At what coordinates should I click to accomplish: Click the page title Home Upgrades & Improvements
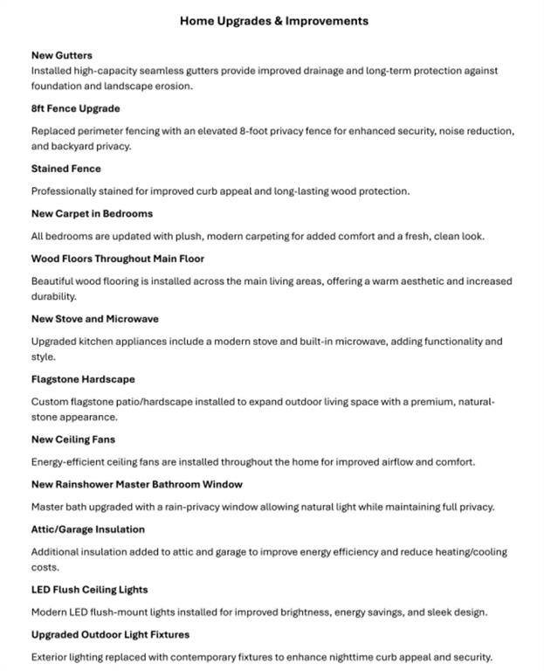pos(273,21)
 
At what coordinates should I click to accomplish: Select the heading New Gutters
pos(61,55)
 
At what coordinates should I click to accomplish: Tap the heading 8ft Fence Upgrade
pos(75,108)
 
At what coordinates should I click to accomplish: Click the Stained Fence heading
pos(65,169)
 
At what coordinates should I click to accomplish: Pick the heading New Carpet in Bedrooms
pos(92,213)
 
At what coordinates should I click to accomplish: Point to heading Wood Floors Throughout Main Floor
pos(117,259)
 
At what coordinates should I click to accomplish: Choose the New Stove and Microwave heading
pos(94,319)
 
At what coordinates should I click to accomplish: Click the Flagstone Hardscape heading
pos(83,379)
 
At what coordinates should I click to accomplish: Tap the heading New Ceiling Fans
pos(72,439)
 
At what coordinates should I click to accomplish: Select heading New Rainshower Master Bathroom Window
pos(136,484)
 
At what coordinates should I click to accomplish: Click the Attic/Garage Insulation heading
pos(87,529)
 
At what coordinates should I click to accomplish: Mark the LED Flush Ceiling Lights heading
pos(89,590)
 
